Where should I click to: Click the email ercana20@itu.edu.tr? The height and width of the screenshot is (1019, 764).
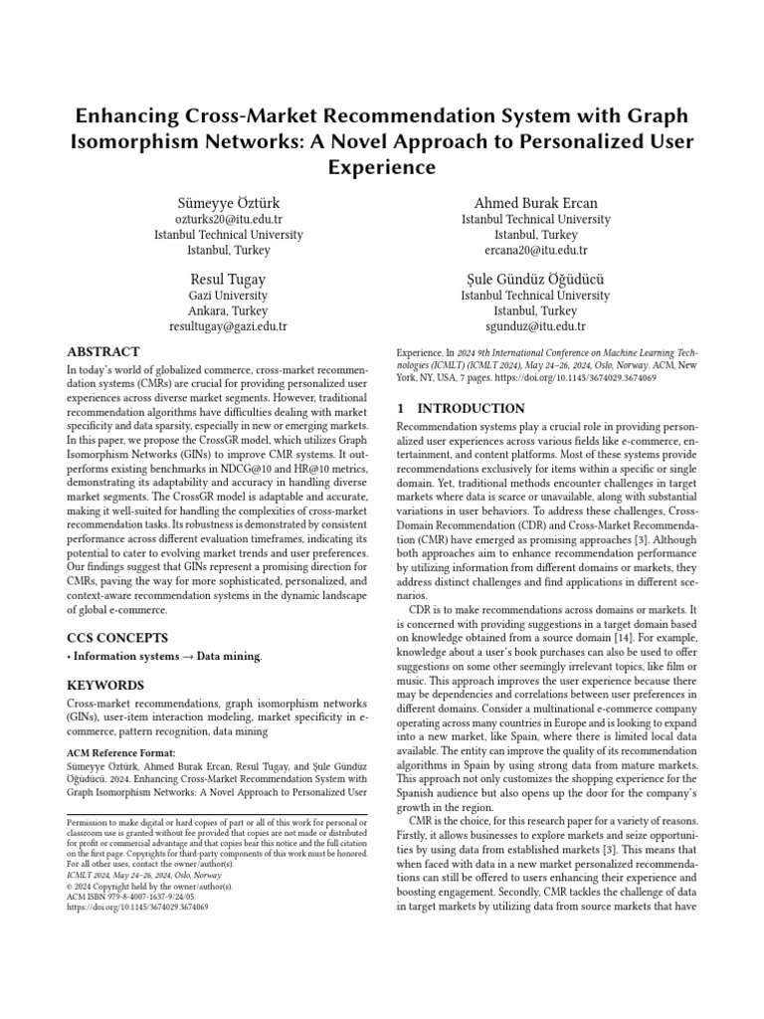(x=524, y=251)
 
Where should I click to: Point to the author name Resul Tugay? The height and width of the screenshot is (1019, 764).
(x=228, y=279)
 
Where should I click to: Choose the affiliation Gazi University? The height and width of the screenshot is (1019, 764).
(x=228, y=296)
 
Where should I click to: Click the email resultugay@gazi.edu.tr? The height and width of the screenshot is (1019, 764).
(x=228, y=325)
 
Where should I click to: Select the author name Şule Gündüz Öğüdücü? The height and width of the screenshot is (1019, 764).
(x=524, y=279)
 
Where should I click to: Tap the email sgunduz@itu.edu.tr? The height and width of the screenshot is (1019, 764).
(x=524, y=325)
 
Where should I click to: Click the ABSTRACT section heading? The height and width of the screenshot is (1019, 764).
(x=102, y=352)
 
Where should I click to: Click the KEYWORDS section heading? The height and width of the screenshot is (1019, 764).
(x=104, y=686)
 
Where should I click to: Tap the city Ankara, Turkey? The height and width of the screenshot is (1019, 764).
(x=228, y=310)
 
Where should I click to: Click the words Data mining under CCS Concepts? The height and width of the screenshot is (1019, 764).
(x=232, y=657)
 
